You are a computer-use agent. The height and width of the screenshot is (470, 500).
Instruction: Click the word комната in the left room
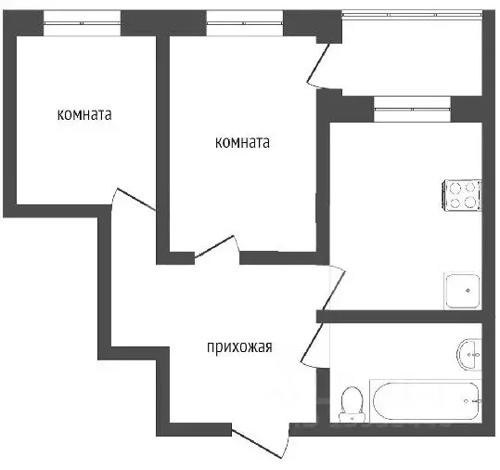(84, 116)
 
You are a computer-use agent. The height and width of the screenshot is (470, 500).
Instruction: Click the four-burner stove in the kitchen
(463, 194)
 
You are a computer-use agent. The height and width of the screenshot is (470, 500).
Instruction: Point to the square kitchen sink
(462, 290)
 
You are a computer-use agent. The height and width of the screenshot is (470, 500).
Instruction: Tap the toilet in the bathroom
(352, 401)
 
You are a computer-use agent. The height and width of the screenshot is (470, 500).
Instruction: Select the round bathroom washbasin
(470, 352)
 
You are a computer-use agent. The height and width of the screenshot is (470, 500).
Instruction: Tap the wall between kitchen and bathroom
(408, 317)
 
